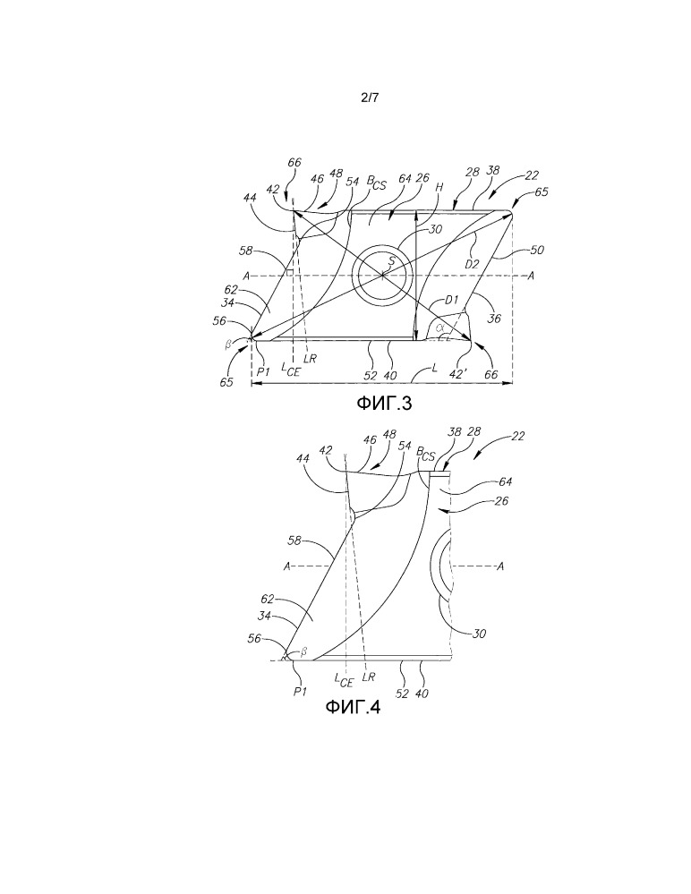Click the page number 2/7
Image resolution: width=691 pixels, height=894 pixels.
click(370, 98)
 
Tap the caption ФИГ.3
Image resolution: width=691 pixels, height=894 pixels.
click(384, 403)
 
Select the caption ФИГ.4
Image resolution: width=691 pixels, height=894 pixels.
click(353, 707)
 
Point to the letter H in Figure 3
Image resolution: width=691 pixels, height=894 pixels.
click(439, 187)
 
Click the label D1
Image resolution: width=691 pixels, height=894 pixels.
click(452, 300)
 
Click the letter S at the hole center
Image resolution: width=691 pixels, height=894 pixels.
click(390, 262)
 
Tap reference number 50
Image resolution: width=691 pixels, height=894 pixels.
click(537, 250)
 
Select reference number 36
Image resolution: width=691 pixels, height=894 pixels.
click(494, 319)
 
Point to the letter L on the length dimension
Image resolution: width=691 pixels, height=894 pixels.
click(436, 369)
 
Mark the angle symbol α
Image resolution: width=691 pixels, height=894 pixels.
click(439, 328)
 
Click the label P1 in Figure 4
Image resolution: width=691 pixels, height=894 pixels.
click(301, 691)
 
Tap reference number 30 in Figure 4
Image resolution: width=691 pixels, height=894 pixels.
click(479, 633)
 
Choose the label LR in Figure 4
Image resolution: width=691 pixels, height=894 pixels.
click(369, 677)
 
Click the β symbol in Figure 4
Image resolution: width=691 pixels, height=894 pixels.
click(304, 650)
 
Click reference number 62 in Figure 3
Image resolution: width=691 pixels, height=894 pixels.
click(231, 290)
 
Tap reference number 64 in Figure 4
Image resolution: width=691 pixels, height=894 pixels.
click(505, 481)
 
